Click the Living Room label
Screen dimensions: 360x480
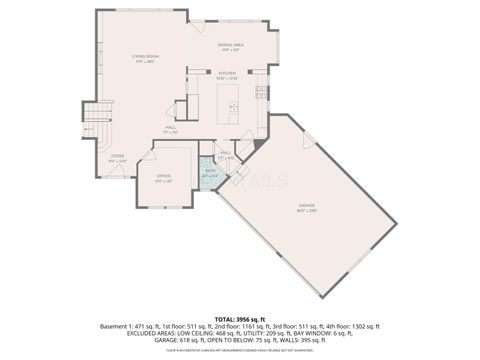pos(147,59)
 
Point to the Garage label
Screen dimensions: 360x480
pos(306,207)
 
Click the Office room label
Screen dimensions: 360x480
pos(163,179)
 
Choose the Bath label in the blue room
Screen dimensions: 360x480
pos(210,173)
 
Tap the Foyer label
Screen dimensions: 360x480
pos(117,157)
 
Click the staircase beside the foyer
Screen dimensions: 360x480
pos(95,125)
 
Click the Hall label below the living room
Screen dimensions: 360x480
pos(171,128)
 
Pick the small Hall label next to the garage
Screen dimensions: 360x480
pos(226,154)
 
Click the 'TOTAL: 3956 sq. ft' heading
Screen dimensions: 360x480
pos(239,318)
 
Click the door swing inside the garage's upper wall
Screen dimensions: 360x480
pos(311,141)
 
